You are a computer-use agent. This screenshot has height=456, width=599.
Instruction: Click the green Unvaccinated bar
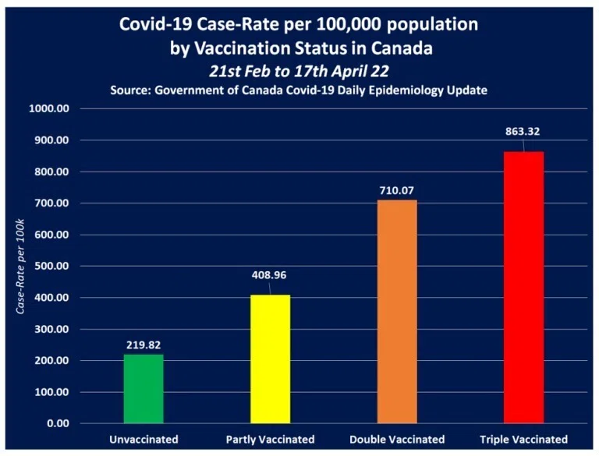click(144, 389)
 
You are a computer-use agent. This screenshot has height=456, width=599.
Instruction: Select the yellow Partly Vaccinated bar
click(271, 359)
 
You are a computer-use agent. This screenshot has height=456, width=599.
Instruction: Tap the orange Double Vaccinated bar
click(397, 312)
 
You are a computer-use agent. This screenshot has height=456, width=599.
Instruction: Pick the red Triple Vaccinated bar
click(524, 287)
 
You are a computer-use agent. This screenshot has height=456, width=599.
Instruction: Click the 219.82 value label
click(144, 345)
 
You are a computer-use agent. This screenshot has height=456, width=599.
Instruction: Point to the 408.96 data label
click(269, 275)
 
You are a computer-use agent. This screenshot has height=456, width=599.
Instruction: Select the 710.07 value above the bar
click(396, 190)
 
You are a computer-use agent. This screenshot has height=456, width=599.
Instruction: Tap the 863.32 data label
click(523, 132)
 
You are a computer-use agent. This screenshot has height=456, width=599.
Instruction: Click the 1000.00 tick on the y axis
click(49, 109)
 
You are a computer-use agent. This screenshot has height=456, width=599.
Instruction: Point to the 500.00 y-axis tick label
click(52, 266)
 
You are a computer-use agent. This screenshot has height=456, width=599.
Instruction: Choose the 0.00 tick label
click(58, 423)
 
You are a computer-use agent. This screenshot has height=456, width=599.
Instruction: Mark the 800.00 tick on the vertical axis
click(52, 171)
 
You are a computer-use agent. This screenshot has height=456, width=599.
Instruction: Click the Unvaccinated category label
click(144, 440)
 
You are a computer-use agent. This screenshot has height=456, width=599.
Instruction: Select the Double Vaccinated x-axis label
click(397, 440)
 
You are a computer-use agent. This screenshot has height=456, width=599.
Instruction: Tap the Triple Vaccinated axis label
click(524, 440)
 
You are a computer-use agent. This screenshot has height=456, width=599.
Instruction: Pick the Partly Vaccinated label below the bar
click(270, 440)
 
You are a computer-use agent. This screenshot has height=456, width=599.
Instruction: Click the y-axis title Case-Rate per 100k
click(20, 266)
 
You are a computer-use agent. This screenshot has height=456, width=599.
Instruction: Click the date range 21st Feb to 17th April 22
click(299, 71)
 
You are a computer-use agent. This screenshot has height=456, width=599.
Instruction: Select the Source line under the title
click(299, 90)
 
